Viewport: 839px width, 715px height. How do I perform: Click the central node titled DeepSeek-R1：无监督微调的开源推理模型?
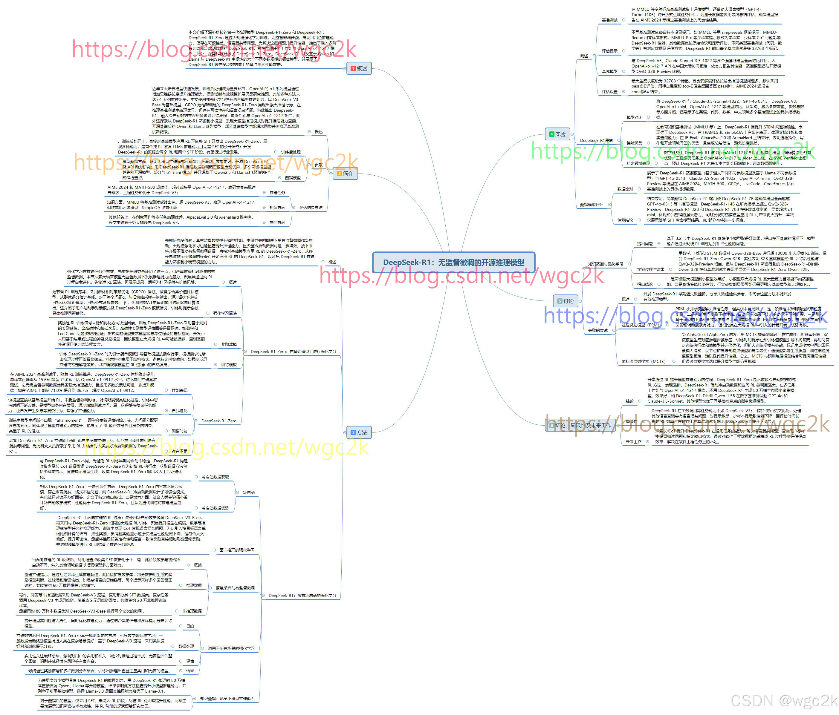click(453, 262)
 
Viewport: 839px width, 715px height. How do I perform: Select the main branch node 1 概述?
click(359, 68)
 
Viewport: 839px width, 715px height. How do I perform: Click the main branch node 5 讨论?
click(565, 301)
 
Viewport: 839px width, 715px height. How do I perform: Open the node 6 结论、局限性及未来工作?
click(580, 425)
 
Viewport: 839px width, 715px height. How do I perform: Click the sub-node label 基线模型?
click(609, 71)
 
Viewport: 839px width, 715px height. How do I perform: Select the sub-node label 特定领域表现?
click(638, 163)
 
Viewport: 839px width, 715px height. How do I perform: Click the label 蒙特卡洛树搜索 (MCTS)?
click(644, 361)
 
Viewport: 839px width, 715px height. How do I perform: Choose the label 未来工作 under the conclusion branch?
click(633, 441)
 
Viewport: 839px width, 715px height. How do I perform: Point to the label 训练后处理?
click(291, 152)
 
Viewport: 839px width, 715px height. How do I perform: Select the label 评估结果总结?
click(311, 208)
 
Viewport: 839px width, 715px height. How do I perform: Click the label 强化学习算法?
click(225, 313)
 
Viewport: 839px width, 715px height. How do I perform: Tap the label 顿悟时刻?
click(179, 431)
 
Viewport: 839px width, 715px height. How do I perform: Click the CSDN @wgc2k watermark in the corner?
click(783, 700)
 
